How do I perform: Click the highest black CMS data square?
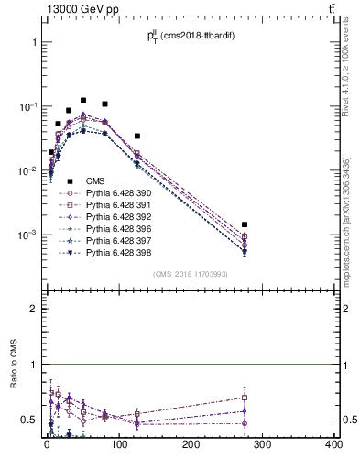tap(83, 100)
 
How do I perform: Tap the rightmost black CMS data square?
tap(245, 224)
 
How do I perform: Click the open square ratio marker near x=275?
tap(245, 398)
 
